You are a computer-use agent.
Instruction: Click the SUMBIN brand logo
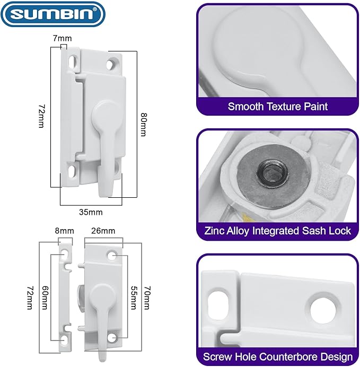coord(53,14)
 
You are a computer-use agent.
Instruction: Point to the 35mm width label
coord(91,212)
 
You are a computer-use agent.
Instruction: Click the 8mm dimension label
coord(64,231)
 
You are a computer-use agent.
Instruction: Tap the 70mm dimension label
coord(147,299)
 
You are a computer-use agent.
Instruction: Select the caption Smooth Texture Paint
coord(277,106)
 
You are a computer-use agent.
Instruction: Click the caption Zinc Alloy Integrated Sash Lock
coord(277,231)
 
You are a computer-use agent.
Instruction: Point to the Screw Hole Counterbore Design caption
coord(277,356)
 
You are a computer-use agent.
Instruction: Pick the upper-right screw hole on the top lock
coord(111,64)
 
